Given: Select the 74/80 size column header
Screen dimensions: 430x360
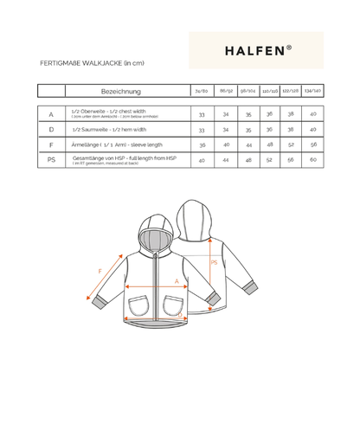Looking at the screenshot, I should [x=202, y=90].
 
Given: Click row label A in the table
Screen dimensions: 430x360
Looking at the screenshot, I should [x=51, y=113].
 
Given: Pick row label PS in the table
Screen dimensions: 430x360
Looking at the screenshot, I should [x=51, y=160].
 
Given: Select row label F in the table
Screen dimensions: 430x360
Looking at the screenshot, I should [x=51, y=144].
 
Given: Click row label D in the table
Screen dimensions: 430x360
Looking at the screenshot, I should [x=51, y=129].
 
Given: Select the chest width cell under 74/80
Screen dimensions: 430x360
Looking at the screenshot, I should [x=202, y=113].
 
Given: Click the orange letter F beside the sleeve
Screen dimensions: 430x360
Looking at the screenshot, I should [x=100, y=272].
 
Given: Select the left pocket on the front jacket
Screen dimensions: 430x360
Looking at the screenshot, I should [x=139, y=307].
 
